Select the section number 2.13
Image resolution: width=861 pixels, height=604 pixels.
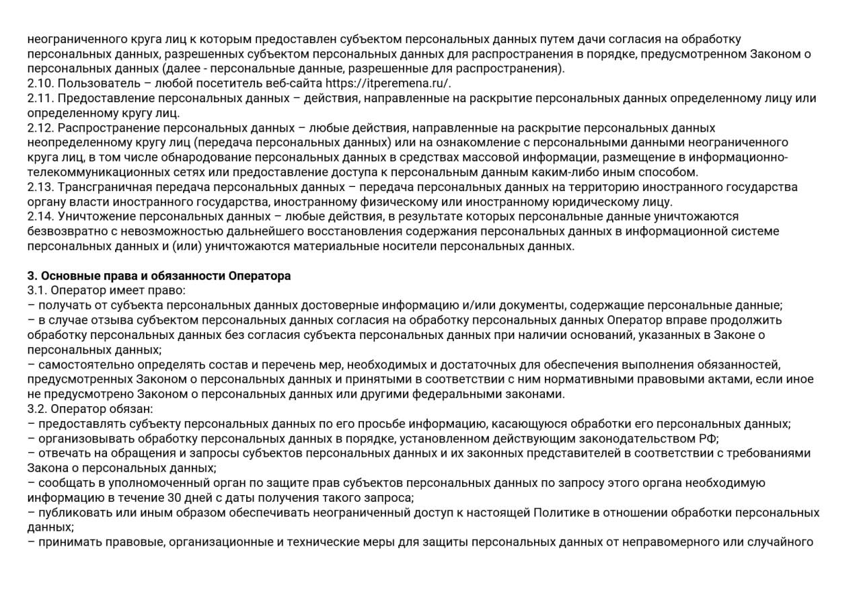(x=40, y=187)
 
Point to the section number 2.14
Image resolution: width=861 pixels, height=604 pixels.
(x=40, y=217)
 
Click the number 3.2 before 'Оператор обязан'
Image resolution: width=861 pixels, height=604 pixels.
(x=37, y=409)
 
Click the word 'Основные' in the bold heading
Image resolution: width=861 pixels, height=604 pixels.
(x=62, y=276)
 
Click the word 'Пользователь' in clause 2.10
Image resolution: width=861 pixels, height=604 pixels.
(x=93, y=83)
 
